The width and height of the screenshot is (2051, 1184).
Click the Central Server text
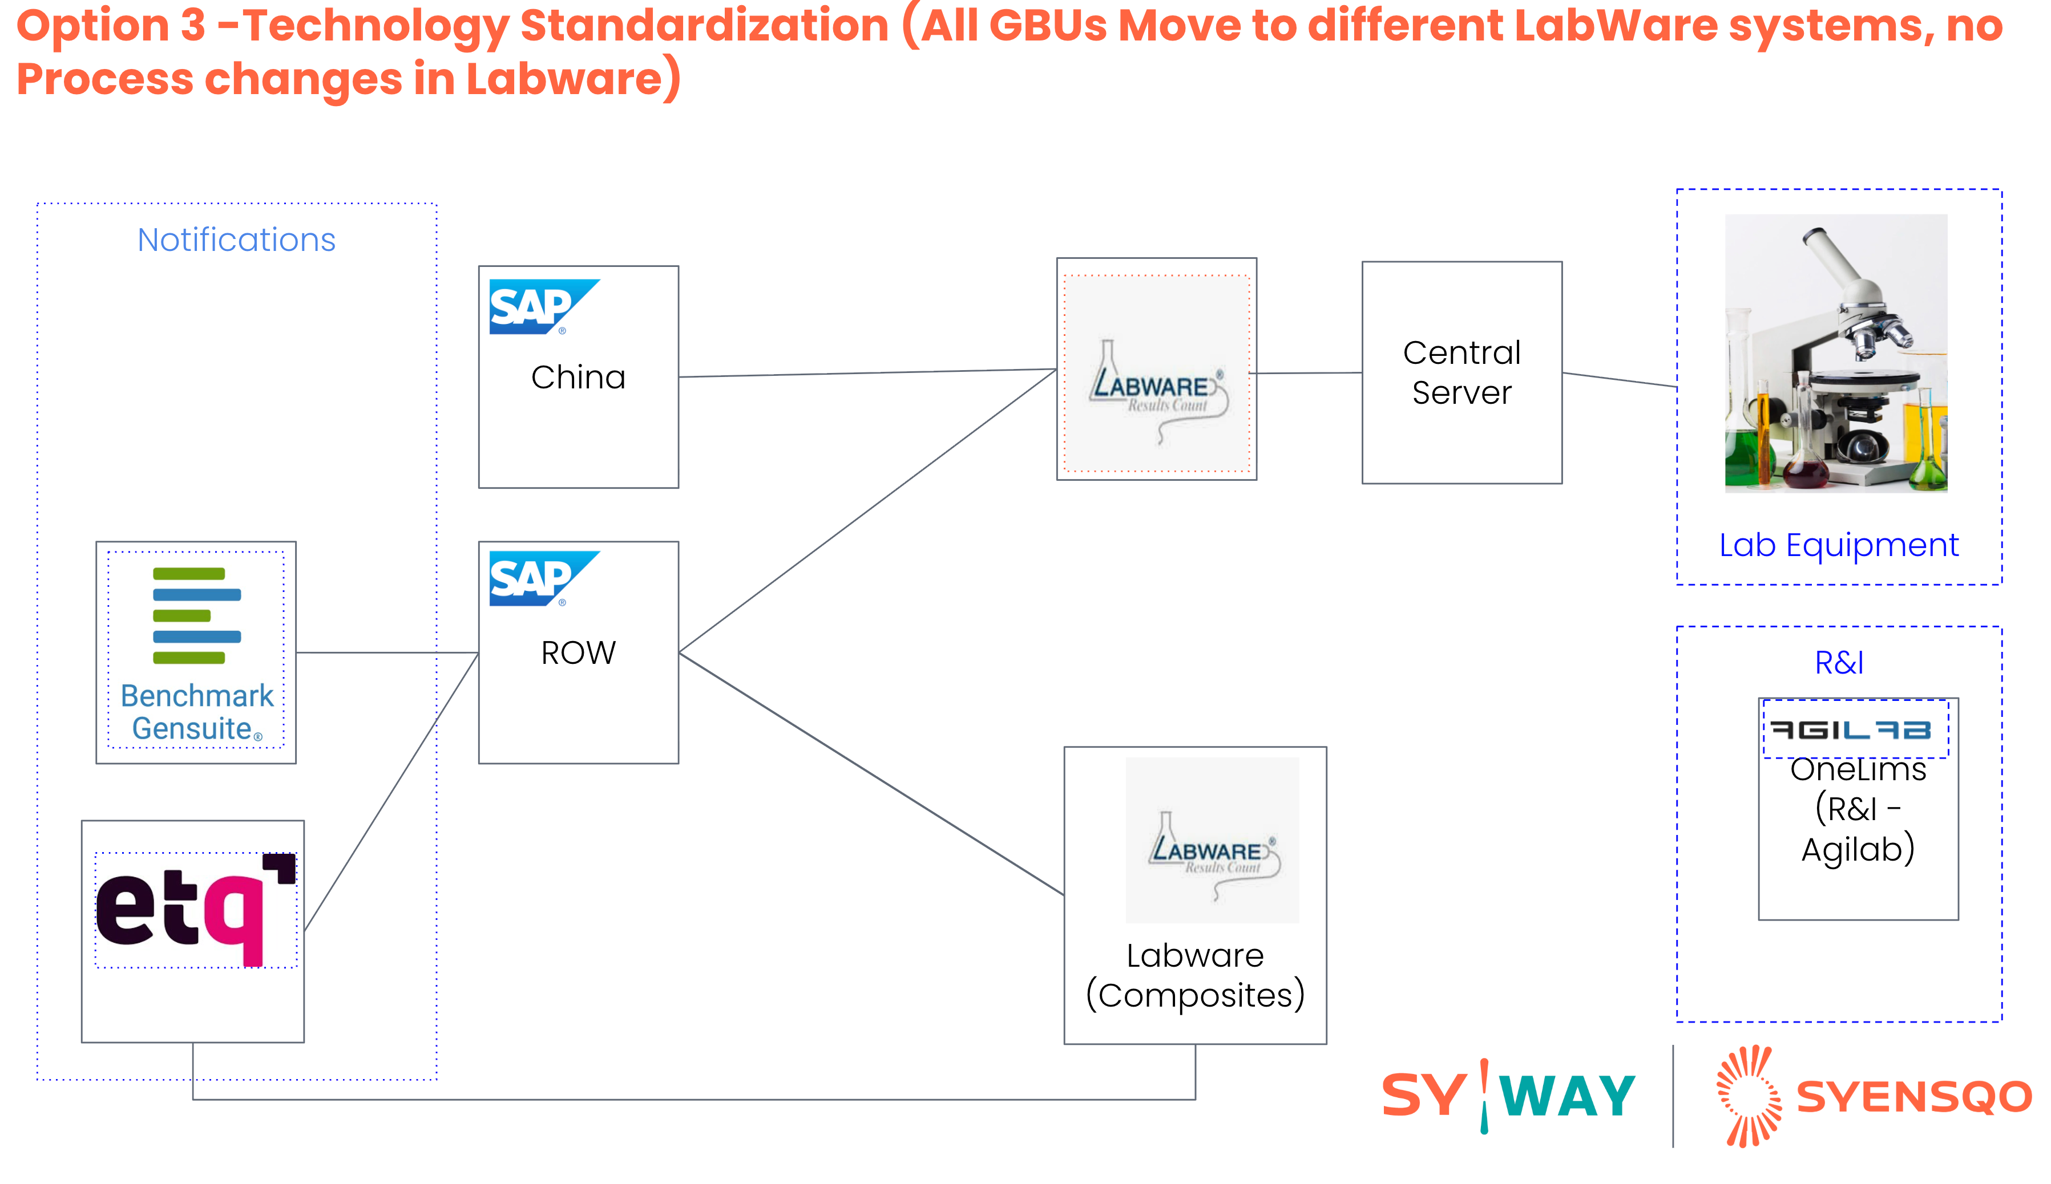[x=1461, y=372]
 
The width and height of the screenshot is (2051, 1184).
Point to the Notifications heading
[x=236, y=240]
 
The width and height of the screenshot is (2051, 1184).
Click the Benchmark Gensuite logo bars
[x=196, y=615]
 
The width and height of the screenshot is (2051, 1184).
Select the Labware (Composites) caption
[x=1194, y=975]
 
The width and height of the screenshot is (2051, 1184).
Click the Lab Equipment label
[x=1838, y=545]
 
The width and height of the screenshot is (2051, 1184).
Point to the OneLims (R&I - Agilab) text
[x=1858, y=809]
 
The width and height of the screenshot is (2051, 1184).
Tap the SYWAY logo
[x=1508, y=1096]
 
